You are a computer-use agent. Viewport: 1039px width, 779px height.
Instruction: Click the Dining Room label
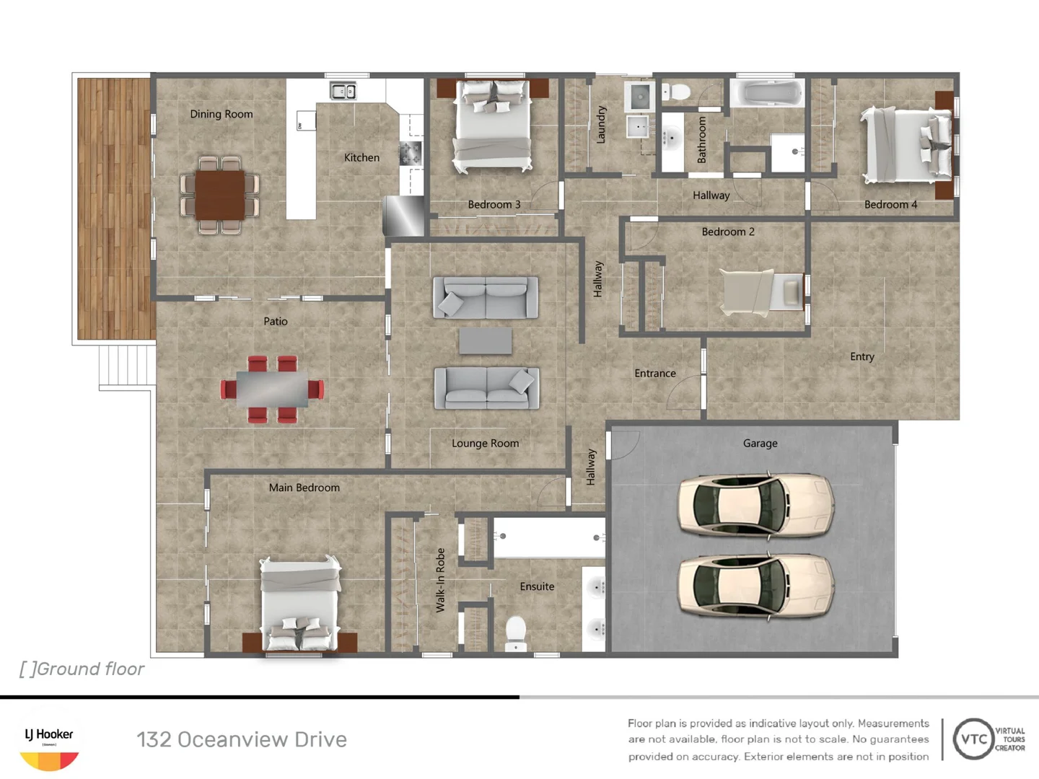222,114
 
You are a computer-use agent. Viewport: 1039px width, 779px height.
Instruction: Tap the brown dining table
220,194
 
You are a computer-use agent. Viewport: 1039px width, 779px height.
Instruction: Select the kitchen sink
343,91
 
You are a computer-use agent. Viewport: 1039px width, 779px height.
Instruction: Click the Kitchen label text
361,157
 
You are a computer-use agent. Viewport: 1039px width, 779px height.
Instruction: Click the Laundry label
601,125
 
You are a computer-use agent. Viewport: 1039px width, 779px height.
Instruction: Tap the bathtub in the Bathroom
766,93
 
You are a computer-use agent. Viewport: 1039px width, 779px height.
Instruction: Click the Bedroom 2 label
728,232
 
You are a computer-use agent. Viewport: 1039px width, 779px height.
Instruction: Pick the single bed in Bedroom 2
761,292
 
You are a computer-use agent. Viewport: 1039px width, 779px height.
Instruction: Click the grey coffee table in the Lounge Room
486,340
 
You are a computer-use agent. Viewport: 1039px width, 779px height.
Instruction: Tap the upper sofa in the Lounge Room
486,297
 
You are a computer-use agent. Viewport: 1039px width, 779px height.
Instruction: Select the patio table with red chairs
272,389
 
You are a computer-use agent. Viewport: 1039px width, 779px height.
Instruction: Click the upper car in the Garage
755,505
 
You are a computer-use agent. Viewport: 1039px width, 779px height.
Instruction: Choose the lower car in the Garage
755,586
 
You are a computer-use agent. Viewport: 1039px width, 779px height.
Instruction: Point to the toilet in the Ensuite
516,633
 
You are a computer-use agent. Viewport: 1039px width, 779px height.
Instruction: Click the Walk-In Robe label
440,580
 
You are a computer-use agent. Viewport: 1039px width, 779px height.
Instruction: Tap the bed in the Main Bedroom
299,604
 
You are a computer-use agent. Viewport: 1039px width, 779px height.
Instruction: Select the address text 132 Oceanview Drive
242,739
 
